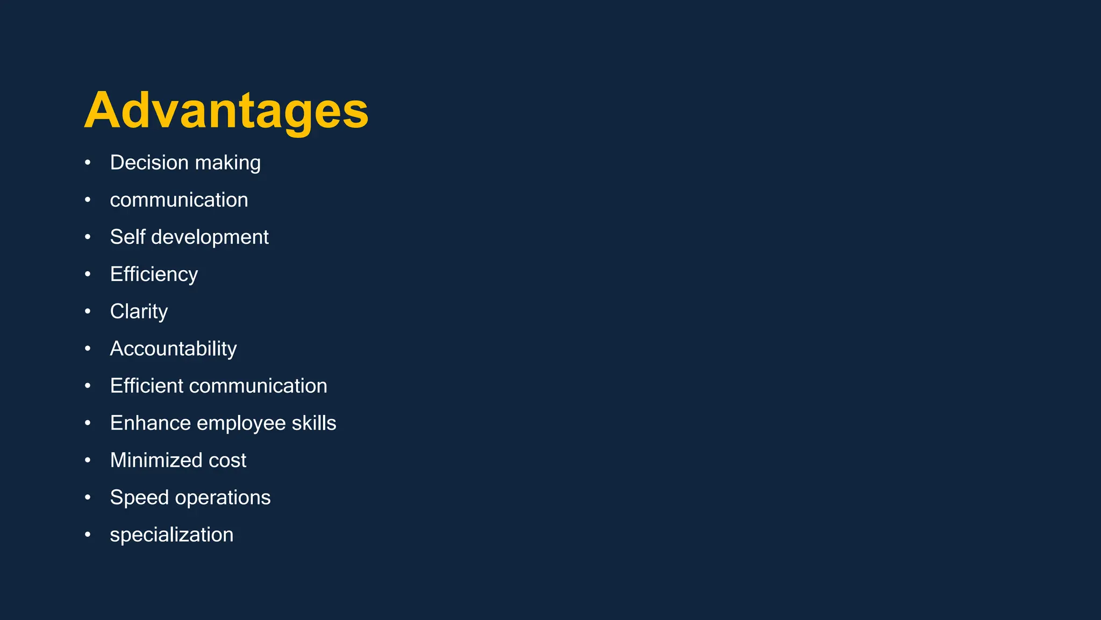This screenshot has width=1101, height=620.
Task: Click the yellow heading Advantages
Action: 226,110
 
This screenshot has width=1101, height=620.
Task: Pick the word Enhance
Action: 151,423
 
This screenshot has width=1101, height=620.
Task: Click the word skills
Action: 314,423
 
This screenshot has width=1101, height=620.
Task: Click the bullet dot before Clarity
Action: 88,312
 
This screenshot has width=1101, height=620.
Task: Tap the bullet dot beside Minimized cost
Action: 88,460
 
